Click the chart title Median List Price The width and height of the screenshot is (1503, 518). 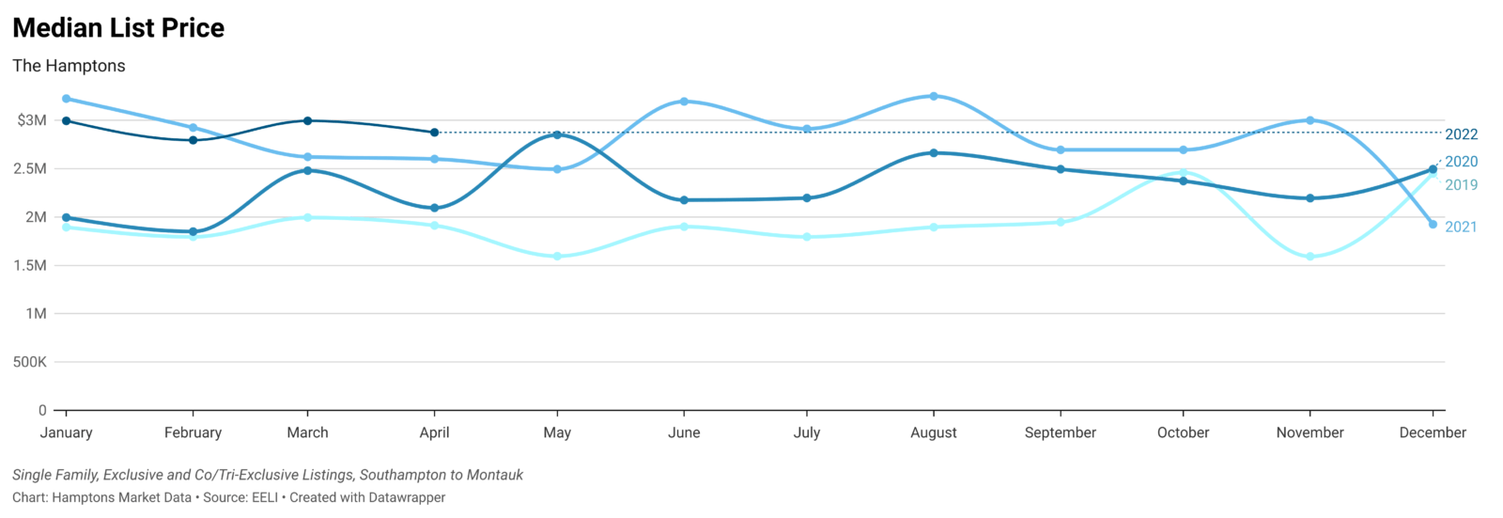pos(118,28)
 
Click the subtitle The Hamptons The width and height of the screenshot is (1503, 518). pos(69,66)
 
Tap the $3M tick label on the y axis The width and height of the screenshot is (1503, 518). pos(32,120)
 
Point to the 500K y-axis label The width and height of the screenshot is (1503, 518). pos(30,362)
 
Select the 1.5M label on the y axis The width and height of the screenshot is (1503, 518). pos(30,266)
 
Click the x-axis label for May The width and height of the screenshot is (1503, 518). pos(557,432)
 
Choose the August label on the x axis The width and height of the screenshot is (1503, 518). pos(934,432)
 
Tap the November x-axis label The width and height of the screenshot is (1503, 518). pos(1309,432)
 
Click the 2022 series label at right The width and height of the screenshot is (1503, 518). pos(1461,134)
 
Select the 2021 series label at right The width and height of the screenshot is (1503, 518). pos(1461,227)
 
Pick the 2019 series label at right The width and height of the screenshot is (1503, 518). pos(1461,185)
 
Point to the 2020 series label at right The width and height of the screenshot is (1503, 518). pos(1461,162)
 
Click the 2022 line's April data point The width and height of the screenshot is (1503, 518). pos(434,133)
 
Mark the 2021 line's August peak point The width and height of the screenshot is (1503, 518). pos(934,96)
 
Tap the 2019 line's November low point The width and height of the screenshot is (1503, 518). pos(1309,257)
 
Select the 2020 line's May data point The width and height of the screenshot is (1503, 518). pos(557,134)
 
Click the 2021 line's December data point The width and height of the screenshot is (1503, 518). pos(1433,225)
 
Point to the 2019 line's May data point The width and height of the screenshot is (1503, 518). pos(557,257)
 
